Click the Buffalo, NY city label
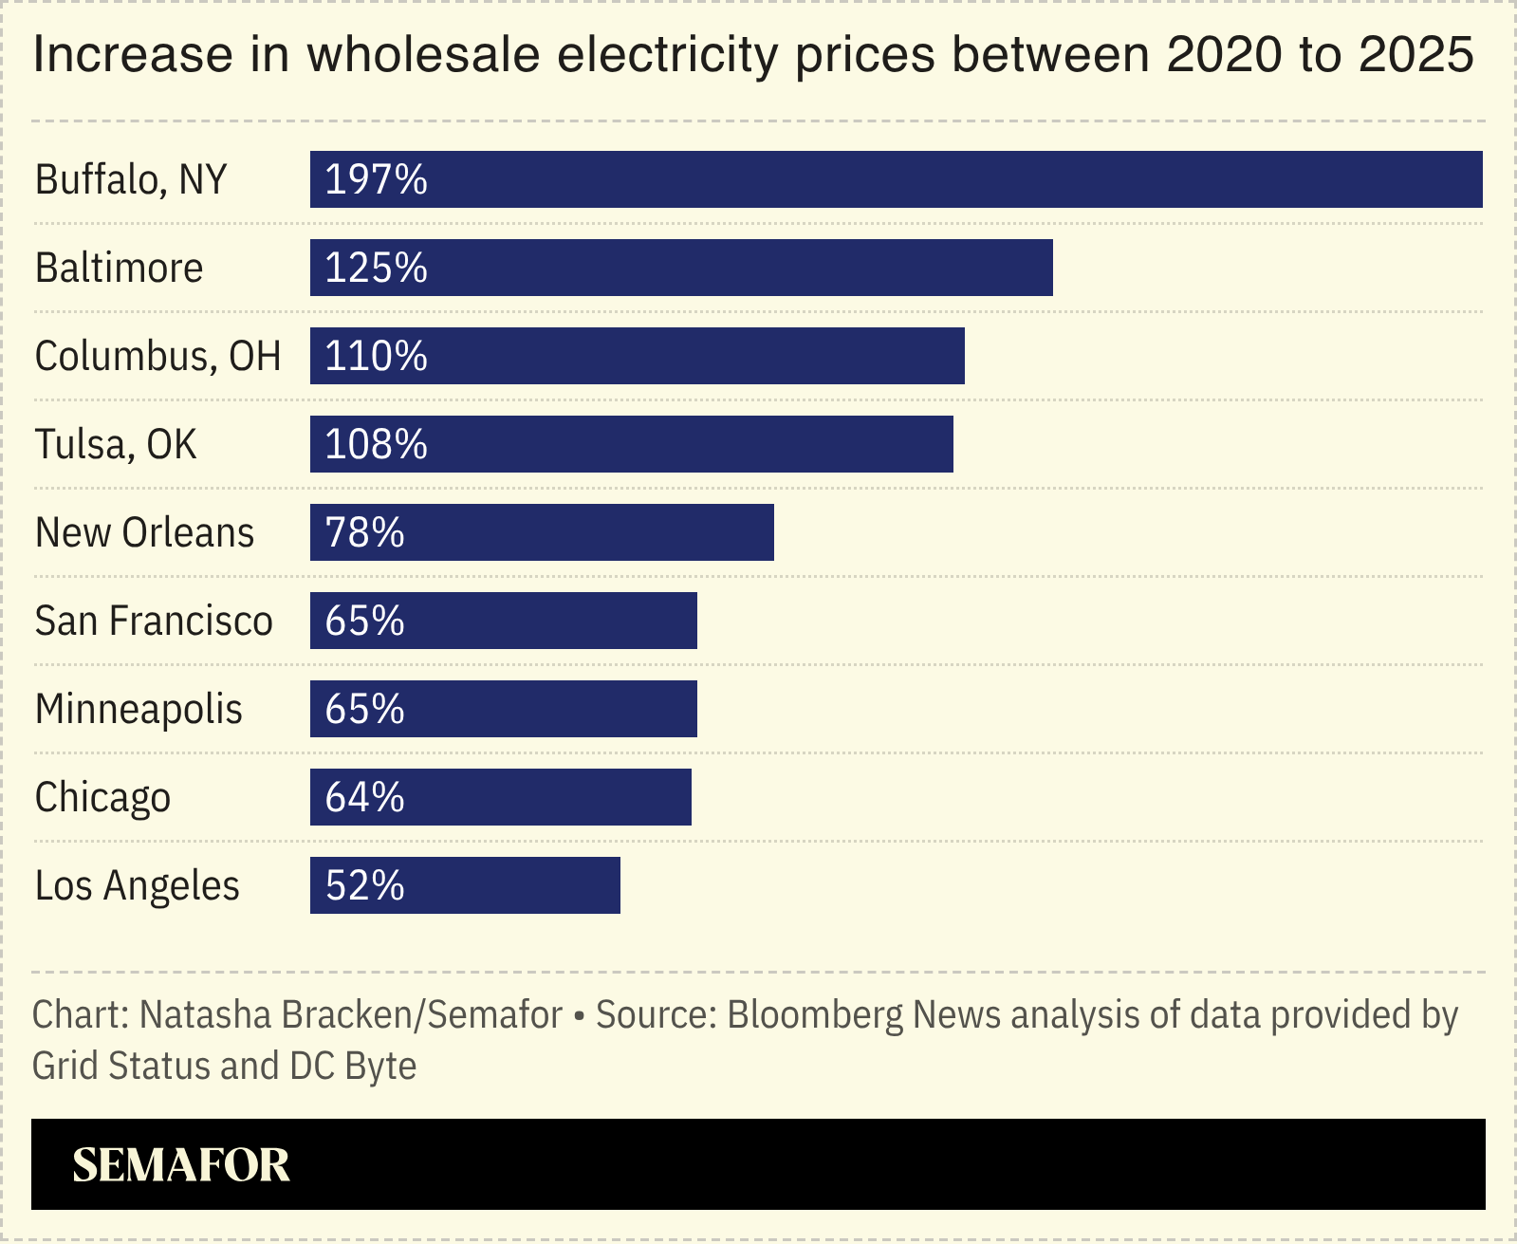click(x=131, y=179)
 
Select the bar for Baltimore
click(x=681, y=268)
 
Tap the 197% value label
click(x=376, y=179)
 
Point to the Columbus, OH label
click(x=157, y=356)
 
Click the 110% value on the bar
click(x=376, y=356)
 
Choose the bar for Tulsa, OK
click(x=631, y=444)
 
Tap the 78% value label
click(x=364, y=532)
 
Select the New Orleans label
click(x=144, y=532)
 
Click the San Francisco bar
click(x=503, y=621)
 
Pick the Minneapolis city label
click(x=139, y=709)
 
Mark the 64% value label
click(x=364, y=797)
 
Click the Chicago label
click(x=102, y=797)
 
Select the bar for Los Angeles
click(x=465, y=885)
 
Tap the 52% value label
click(x=364, y=885)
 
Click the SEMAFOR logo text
click(x=180, y=1164)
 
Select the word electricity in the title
click(x=667, y=55)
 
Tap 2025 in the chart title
click(x=1415, y=55)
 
